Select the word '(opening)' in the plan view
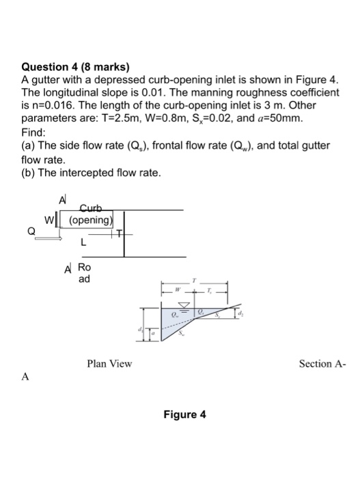[x=90, y=220]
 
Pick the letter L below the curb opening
[x=83, y=241]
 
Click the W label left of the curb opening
[x=48, y=220]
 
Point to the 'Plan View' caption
[x=109, y=363]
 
